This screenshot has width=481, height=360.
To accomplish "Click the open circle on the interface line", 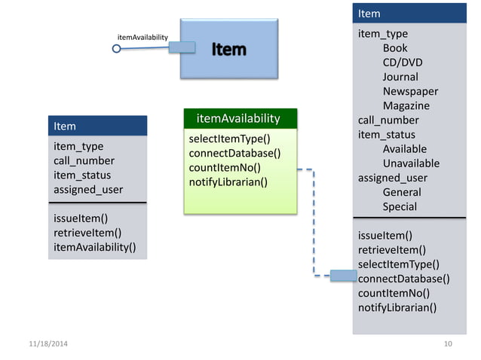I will [116, 49].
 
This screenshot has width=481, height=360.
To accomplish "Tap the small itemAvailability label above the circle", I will [142, 36].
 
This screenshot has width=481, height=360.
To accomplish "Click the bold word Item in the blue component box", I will [228, 49].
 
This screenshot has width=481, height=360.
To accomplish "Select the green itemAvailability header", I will [238, 119].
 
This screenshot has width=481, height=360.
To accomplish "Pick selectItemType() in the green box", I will [229, 139].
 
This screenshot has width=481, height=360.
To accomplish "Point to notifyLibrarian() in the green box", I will [228, 182].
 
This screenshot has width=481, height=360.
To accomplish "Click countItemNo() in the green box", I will [225, 167].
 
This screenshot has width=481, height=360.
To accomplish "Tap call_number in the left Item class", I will [84, 160].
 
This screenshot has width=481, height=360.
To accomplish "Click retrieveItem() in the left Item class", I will [87, 233].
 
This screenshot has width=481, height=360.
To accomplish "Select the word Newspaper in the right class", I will [410, 91].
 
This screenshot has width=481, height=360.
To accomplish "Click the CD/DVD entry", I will [403, 63].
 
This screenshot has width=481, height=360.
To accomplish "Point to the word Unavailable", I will [411, 163].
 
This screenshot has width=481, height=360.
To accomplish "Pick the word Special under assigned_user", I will [400, 206].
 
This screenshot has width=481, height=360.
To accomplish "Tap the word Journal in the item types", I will [400, 77].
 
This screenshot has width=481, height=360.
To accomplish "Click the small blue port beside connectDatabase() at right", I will [344, 276].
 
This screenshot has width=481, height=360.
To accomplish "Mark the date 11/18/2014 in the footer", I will [47, 344].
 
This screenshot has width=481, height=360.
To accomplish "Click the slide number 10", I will [449, 344].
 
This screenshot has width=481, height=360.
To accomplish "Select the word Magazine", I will [406, 105].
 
